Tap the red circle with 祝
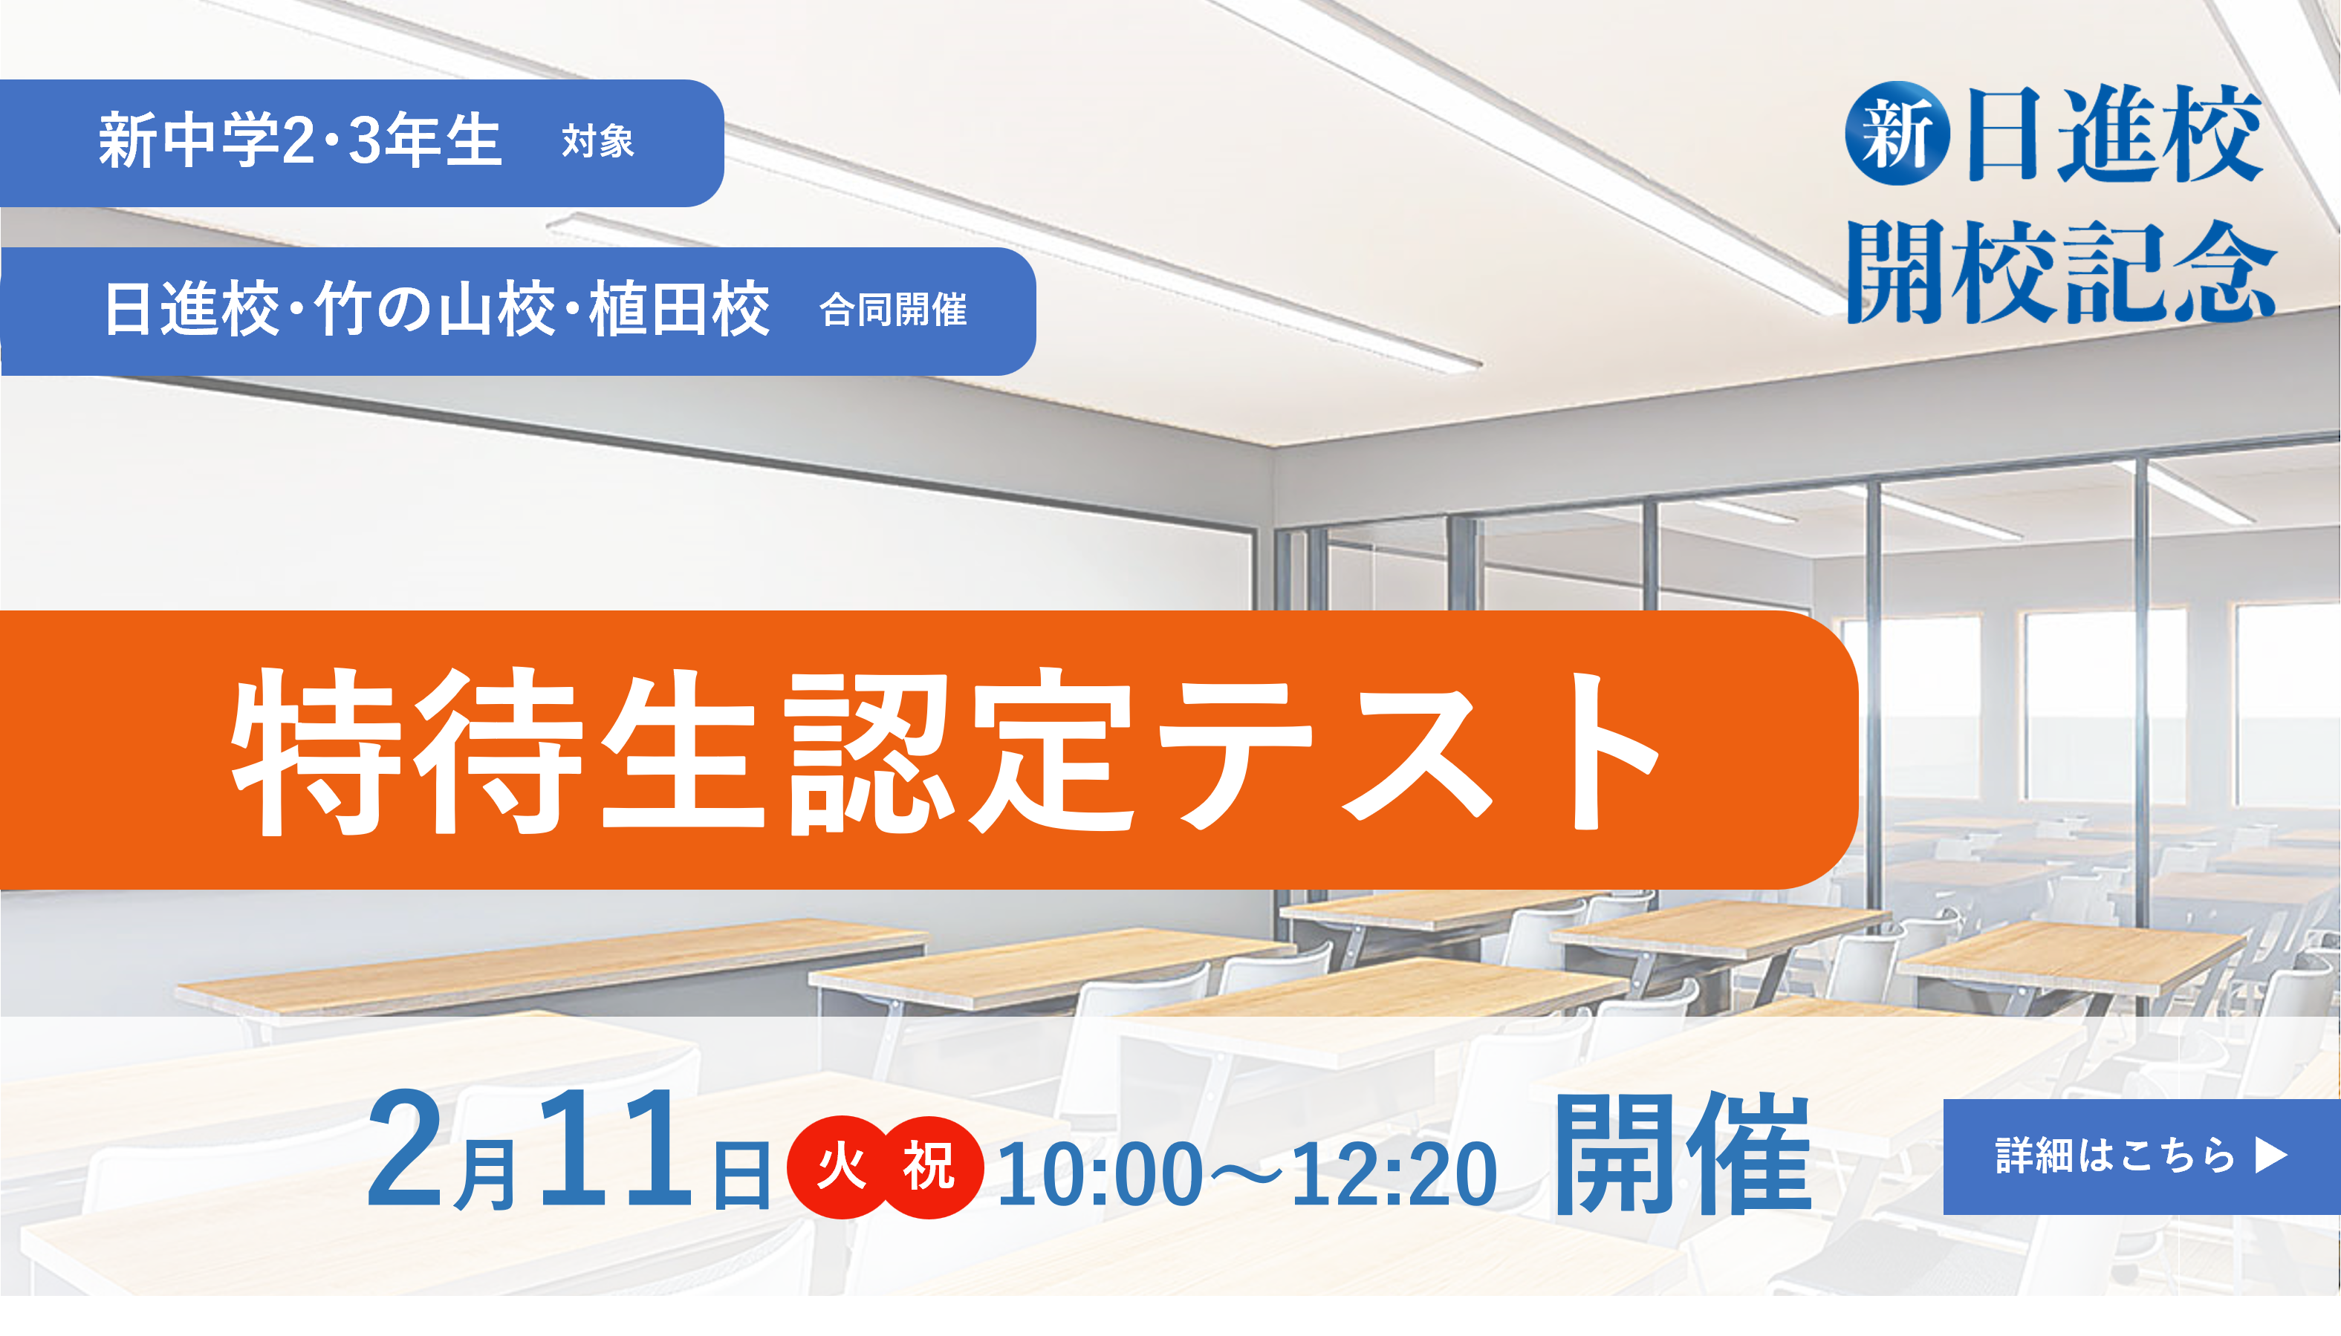[x=929, y=1167]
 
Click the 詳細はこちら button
[x=2141, y=1156]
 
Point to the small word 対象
[x=597, y=143]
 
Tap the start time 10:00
[x=1100, y=1175]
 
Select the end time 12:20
[x=1394, y=1175]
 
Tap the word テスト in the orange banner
[x=1409, y=751]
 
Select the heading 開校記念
[x=2061, y=273]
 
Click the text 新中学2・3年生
[x=300, y=140]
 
